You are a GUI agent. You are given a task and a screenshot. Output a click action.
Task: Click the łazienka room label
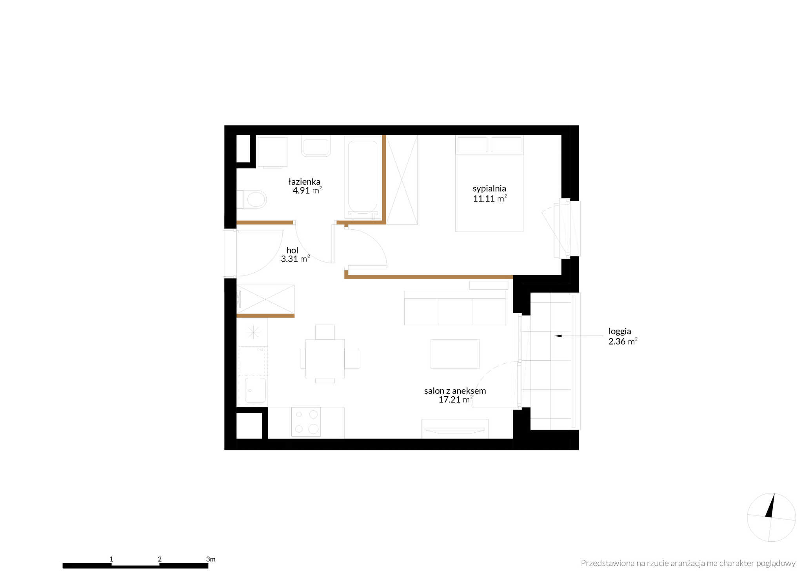(304, 182)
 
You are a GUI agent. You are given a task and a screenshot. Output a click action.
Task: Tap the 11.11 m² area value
(490, 199)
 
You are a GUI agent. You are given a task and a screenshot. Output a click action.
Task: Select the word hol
(292, 250)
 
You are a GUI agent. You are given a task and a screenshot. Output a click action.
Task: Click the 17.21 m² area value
(455, 400)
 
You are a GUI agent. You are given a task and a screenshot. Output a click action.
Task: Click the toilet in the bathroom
(252, 200)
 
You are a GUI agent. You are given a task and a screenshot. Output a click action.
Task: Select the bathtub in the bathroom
(363, 177)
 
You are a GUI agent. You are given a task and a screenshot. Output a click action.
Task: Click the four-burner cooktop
(306, 422)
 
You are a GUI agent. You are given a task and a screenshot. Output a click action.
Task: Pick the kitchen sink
(255, 390)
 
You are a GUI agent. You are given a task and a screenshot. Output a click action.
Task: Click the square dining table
(325, 359)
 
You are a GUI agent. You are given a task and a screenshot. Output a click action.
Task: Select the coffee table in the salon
(455, 354)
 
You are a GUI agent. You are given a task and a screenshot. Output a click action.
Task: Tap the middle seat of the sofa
(455, 312)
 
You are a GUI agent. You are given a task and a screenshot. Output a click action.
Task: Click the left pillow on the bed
(472, 145)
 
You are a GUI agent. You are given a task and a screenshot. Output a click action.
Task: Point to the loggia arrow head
(558, 336)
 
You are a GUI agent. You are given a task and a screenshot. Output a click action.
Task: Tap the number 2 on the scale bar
(160, 559)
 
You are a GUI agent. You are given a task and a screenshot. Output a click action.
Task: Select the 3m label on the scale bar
(211, 559)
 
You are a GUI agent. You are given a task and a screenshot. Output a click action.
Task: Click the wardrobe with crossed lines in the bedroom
(402, 180)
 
